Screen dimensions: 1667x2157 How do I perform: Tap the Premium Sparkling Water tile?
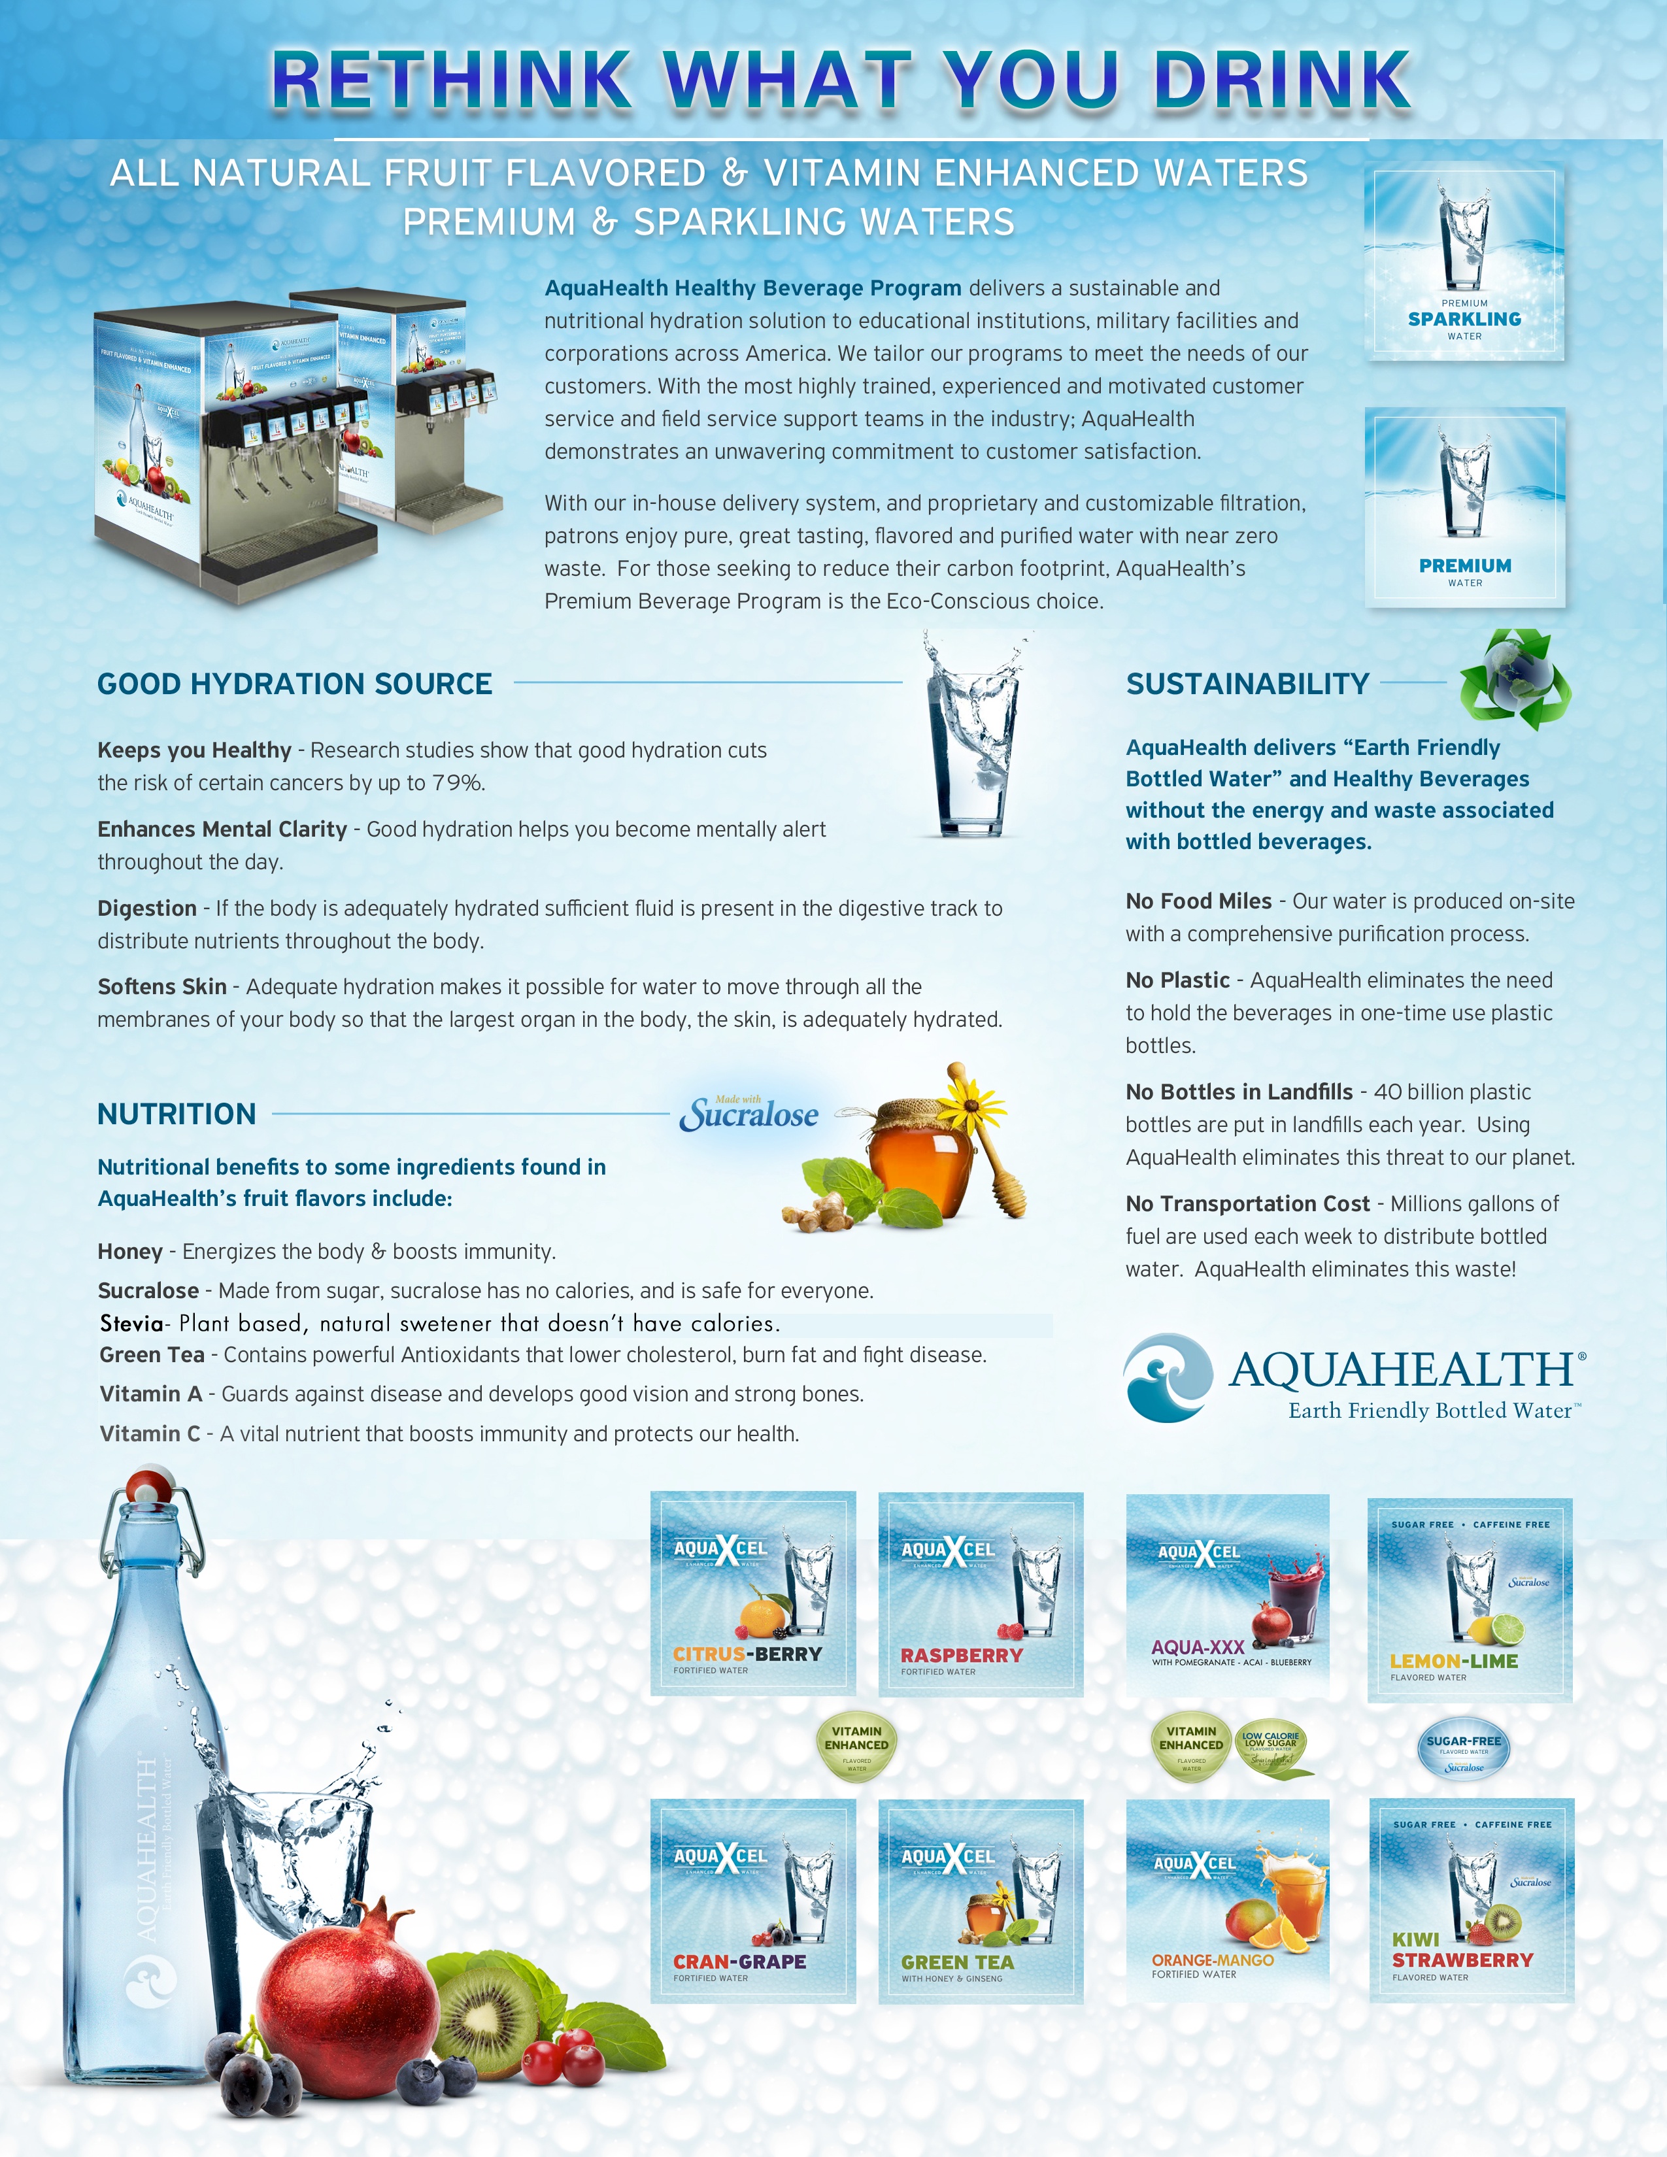pyautogui.click(x=1464, y=261)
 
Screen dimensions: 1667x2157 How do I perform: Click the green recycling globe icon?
pyautogui.click(x=1514, y=680)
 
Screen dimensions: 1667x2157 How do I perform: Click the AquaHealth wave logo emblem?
pyautogui.click(x=1168, y=1378)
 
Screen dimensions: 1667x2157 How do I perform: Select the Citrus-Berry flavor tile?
pyautogui.click(x=752, y=1593)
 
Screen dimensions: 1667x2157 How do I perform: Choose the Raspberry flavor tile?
pyautogui.click(x=981, y=1594)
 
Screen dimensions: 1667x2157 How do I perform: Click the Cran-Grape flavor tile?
pyautogui.click(x=752, y=1900)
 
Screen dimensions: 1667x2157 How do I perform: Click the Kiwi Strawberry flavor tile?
pyautogui.click(x=1470, y=1899)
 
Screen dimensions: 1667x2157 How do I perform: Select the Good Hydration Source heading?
pyautogui.click(x=294, y=684)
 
